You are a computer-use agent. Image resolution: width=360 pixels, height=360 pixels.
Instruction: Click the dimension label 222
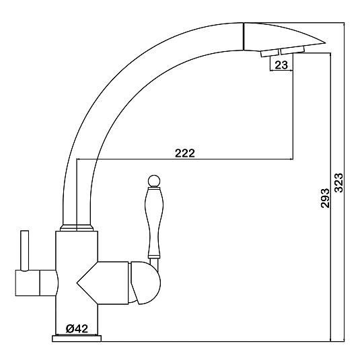click(x=185, y=153)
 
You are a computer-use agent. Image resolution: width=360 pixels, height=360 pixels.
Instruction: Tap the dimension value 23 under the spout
click(x=281, y=65)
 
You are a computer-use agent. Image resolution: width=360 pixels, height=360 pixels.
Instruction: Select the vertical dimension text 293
click(x=325, y=198)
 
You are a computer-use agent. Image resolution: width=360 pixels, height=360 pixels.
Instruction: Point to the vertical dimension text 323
click(x=339, y=182)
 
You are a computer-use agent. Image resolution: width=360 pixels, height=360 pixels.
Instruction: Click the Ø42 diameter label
click(x=77, y=329)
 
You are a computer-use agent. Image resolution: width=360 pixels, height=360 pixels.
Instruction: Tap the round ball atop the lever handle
click(x=154, y=181)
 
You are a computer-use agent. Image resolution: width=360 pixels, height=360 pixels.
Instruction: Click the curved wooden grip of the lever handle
click(x=153, y=221)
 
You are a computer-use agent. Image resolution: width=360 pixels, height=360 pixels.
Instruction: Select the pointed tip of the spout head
click(x=326, y=42)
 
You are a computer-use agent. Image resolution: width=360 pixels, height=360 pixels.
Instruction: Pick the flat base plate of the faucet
click(x=77, y=338)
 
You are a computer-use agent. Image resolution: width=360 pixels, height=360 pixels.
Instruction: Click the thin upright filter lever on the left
click(x=25, y=250)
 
